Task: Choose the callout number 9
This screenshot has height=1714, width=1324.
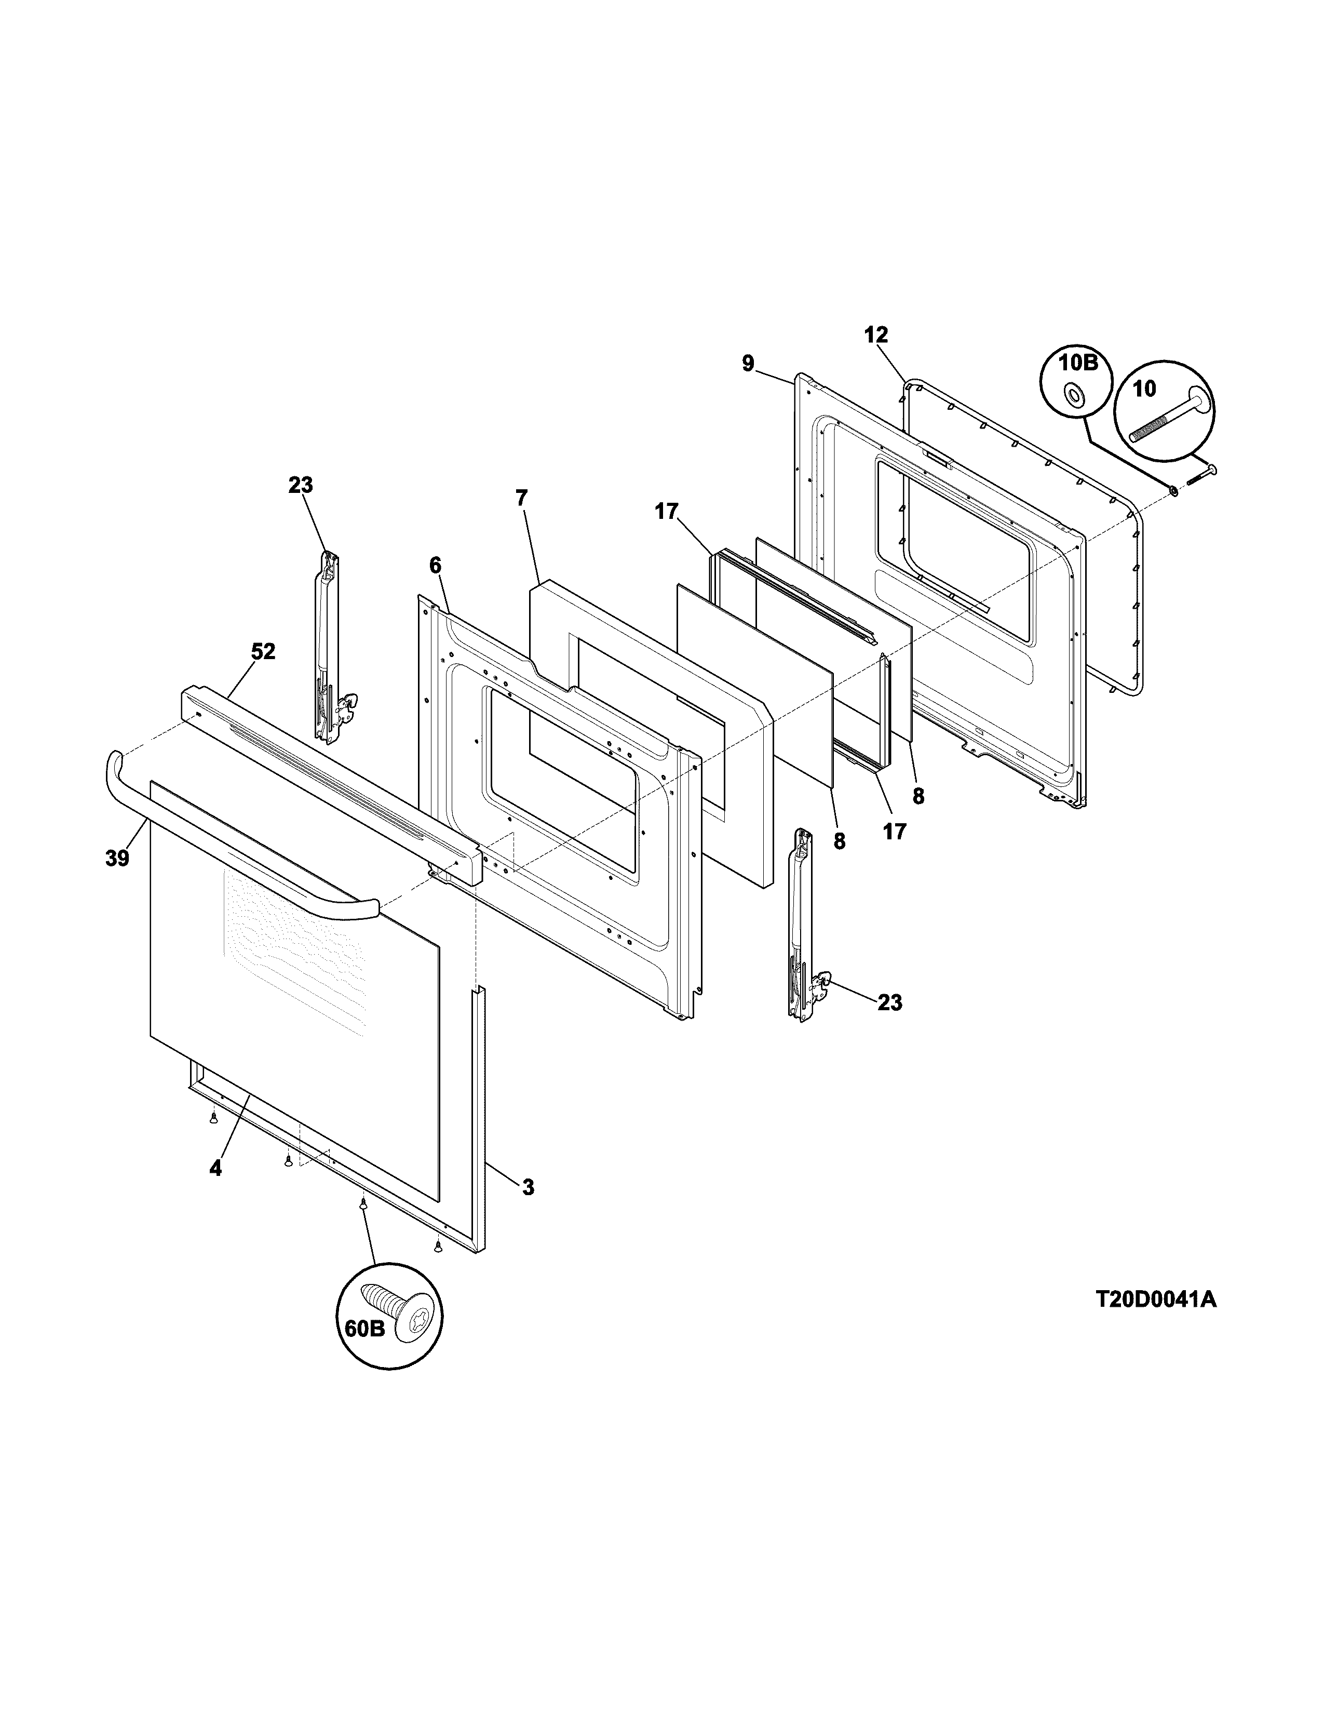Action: [x=748, y=364]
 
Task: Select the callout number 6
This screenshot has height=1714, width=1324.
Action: [x=435, y=565]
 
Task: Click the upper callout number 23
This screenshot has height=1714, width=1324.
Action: [x=301, y=485]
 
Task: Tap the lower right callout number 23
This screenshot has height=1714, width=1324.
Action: [x=889, y=1002]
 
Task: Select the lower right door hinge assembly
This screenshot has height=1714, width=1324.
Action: [x=804, y=926]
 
